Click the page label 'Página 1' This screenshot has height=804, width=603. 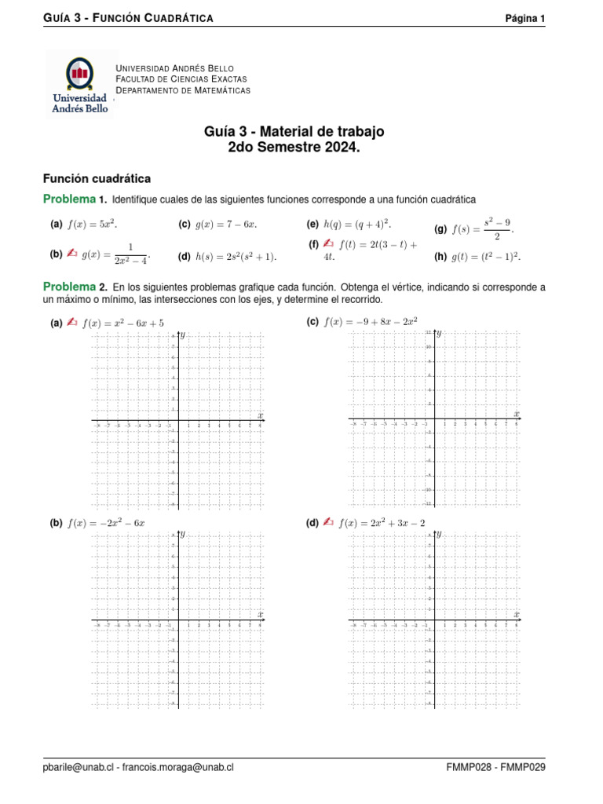pos(524,19)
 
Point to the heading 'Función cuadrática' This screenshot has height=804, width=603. pos(96,179)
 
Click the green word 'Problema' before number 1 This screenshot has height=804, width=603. pos(69,199)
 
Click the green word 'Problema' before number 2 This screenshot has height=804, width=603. pos(69,287)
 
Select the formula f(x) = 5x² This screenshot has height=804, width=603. pos(93,225)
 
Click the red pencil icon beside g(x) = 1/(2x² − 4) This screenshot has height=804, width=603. pos(71,253)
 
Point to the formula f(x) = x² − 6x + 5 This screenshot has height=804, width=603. pos(122,322)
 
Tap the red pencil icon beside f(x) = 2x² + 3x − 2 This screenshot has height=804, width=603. pos(328,522)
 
